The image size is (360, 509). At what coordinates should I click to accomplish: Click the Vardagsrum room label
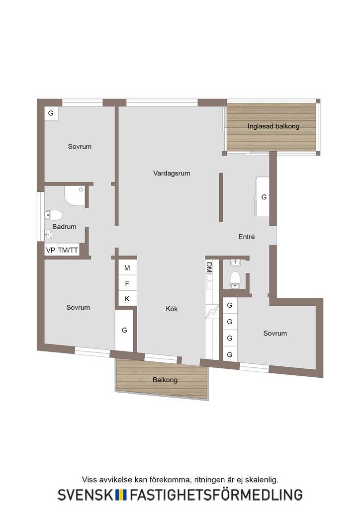pyautogui.click(x=172, y=173)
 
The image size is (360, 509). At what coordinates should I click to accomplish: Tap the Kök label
pyautogui.click(x=172, y=309)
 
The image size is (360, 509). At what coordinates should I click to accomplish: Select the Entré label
pyautogui.click(x=247, y=237)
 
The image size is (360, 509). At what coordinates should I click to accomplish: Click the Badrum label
pyautogui.click(x=64, y=227)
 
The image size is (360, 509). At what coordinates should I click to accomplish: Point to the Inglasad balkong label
pyautogui.click(x=273, y=126)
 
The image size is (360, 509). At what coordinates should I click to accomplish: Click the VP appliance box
pyautogui.click(x=51, y=250)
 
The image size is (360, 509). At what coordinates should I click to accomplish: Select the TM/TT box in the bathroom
pyautogui.click(x=68, y=250)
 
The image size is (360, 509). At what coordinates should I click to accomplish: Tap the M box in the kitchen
pyautogui.click(x=127, y=268)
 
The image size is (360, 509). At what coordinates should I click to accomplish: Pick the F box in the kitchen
pyautogui.click(x=127, y=283)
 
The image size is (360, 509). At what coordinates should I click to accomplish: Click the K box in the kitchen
pyautogui.click(x=127, y=299)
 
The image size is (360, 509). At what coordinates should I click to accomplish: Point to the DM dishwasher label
pyautogui.click(x=209, y=267)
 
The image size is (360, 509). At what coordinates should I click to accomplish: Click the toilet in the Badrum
pyautogui.click(x=54, y=215)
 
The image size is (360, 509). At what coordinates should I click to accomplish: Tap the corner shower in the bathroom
pyautogui.click(x=75, y=196)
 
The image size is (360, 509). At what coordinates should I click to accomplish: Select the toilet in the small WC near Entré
pyautogui.click(x=235, y=280)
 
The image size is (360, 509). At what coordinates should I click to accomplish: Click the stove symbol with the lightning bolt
pyautogui.click(x=212, y=312)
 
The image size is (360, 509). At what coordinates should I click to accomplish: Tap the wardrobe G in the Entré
pyautogui.click(x=263, y=197)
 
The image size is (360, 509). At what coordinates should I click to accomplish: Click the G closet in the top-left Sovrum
pyautogui.click(x=51, y=113)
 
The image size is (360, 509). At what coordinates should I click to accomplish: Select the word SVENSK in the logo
pyautogui.click(x=86, y=495)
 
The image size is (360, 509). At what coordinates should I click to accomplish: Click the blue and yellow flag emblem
pyautogui.click(x=121, y=495)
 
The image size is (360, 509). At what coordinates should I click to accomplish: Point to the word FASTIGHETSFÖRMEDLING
pyautogui.click(x=216, y=495)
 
